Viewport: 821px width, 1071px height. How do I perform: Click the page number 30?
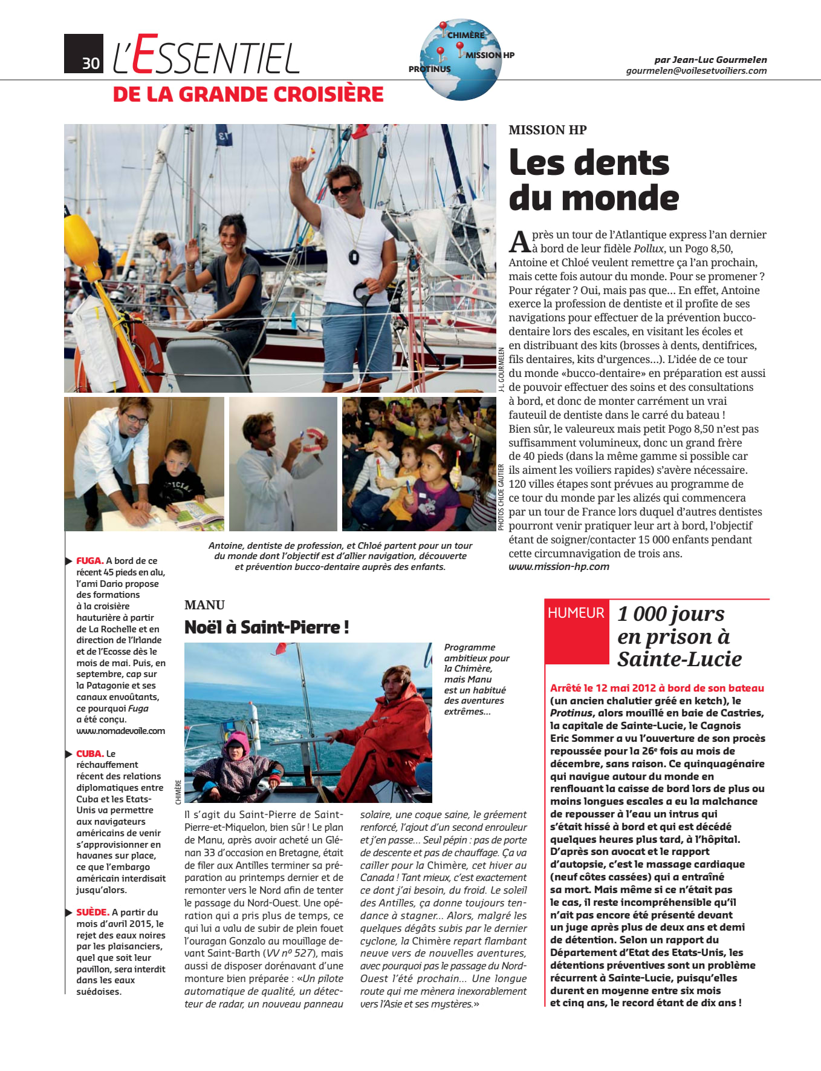91,63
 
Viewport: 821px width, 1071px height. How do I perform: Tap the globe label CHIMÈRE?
466,35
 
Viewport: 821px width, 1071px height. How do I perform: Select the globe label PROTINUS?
429,69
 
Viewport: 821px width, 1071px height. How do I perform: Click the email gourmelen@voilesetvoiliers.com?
696,71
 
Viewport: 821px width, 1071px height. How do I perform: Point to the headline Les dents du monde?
593,180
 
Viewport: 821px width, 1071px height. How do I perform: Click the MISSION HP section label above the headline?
547,130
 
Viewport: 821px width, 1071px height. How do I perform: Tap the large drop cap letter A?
519,241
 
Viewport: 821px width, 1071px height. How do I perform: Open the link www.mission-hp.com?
559,567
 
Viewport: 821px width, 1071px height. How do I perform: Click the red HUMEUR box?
576,613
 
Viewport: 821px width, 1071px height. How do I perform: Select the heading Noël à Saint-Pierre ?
267,627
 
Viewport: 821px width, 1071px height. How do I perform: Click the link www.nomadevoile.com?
120,731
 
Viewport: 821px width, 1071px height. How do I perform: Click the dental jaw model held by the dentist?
314,439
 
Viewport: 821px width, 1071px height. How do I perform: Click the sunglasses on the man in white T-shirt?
342,190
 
